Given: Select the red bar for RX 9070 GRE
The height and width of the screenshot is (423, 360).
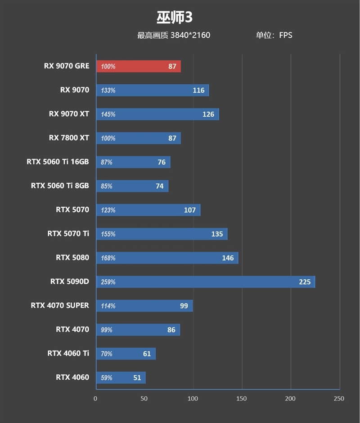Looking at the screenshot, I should pyautogui.click(x=138, y=66).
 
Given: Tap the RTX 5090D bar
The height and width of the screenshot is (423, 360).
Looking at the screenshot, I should pyautogui.click(x=205, y=282).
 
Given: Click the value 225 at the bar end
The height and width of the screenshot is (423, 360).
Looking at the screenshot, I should pyautogui.click(x=305, y=282).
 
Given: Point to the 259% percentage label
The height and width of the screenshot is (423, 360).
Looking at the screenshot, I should pyautogui.click(x=108, y=282).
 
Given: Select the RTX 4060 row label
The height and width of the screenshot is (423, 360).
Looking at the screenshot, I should pyautogui.click(x=72, y=377).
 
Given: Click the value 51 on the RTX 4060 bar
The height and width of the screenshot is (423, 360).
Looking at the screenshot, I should pyautogui.click(x=137, y=378).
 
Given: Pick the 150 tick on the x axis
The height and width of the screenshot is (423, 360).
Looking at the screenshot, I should pyautogui.click(x=242, y=399).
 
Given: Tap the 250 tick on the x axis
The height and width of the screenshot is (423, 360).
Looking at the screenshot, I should pyautogui.click(x=339, y=399).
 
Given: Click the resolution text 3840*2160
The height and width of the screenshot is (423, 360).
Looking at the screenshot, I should pyautogui.click(x=190, y=35).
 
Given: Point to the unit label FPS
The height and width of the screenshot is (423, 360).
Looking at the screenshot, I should pyautogui.click(x=286, y=35).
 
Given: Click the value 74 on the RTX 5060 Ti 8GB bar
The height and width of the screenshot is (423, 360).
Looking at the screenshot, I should pyautogui.click(x=160, y=186).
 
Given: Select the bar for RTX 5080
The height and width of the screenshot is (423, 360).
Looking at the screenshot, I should pyautogui.click(x=166, y=258).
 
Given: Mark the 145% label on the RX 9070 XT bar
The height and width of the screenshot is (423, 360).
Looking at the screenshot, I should pyautogui.click(x=108, y=114).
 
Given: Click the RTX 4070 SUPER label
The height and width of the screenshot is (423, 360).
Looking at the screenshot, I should pyautogui.click(x=60, y=305).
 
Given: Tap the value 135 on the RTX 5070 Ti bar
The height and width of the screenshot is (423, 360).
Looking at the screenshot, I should pyautogui.click(x=217, y=234).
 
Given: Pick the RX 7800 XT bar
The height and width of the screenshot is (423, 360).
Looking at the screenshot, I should pyautogui.click(x=138, y=138).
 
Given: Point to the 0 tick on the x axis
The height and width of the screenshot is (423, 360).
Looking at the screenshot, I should pyautogui.click(x=95, y=399).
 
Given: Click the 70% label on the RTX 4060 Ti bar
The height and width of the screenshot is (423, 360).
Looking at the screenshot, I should pyautogui.click(x=107, y=354).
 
